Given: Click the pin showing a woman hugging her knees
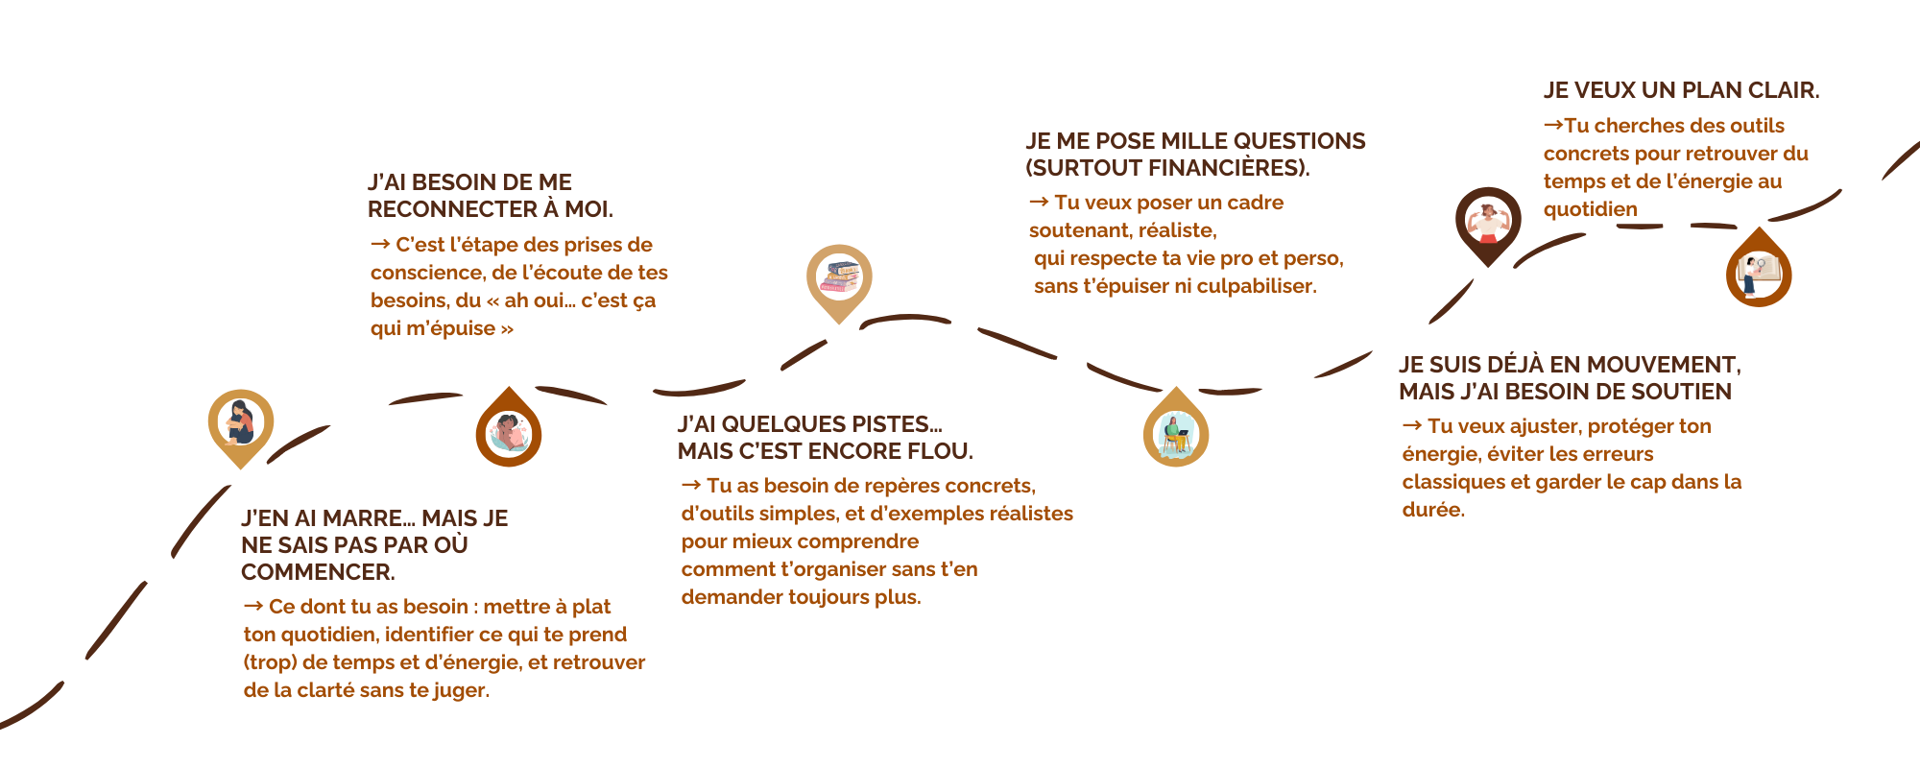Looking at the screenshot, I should point(240,422).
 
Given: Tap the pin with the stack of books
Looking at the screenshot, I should point(839,277).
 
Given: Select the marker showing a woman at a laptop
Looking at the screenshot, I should point(1176,434).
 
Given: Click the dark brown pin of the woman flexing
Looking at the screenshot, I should point(1488,221).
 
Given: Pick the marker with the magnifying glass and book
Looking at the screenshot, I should point(1759,274).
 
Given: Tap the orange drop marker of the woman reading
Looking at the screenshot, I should point(509,434).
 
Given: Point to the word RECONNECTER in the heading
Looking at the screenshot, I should point(452,209).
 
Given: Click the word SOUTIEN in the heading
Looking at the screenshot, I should point(1684,392).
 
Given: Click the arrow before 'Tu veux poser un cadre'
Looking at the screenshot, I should point(1038,202).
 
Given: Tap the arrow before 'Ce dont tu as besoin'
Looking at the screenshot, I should point(252,606).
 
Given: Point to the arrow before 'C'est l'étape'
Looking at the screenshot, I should point(379,244).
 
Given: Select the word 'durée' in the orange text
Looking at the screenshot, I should point(1432,510).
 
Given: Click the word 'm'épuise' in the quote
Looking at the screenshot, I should point(450,328).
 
